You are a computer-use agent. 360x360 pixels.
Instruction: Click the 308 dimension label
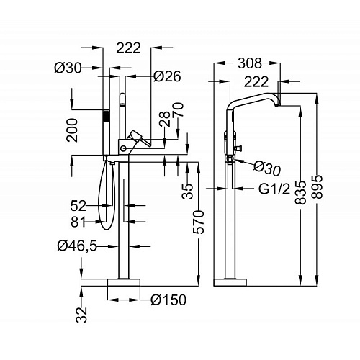[249, 63]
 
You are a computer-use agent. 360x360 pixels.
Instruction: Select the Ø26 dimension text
[167, 76]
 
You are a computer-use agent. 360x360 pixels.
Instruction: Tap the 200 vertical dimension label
[72, 130]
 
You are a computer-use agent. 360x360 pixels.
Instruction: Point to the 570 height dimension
[199, 222]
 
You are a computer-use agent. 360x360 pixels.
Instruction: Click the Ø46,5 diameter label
[77, 246]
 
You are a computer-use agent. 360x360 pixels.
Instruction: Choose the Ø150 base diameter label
[168, 300]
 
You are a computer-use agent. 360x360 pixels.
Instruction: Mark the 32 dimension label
[81, 315]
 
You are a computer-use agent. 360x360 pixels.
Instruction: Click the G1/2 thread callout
[274, 189]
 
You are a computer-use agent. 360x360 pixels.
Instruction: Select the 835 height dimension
[301, 192]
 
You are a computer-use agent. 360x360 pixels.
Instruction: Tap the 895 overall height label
[317, 187]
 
